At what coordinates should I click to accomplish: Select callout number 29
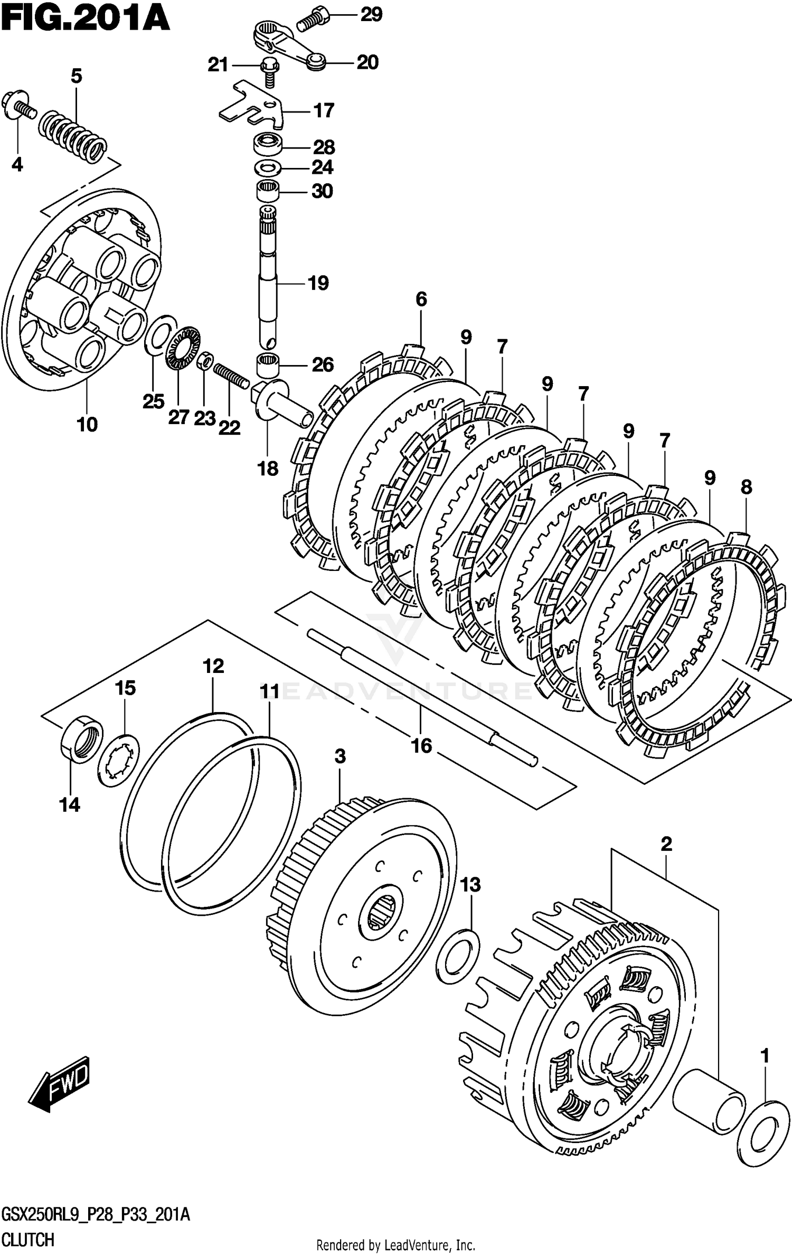(371, 14)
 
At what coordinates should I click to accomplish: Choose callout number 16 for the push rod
(421, 745)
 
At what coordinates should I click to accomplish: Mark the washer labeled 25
(161, 335)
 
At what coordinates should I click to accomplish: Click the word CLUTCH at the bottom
(27, 1238)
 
